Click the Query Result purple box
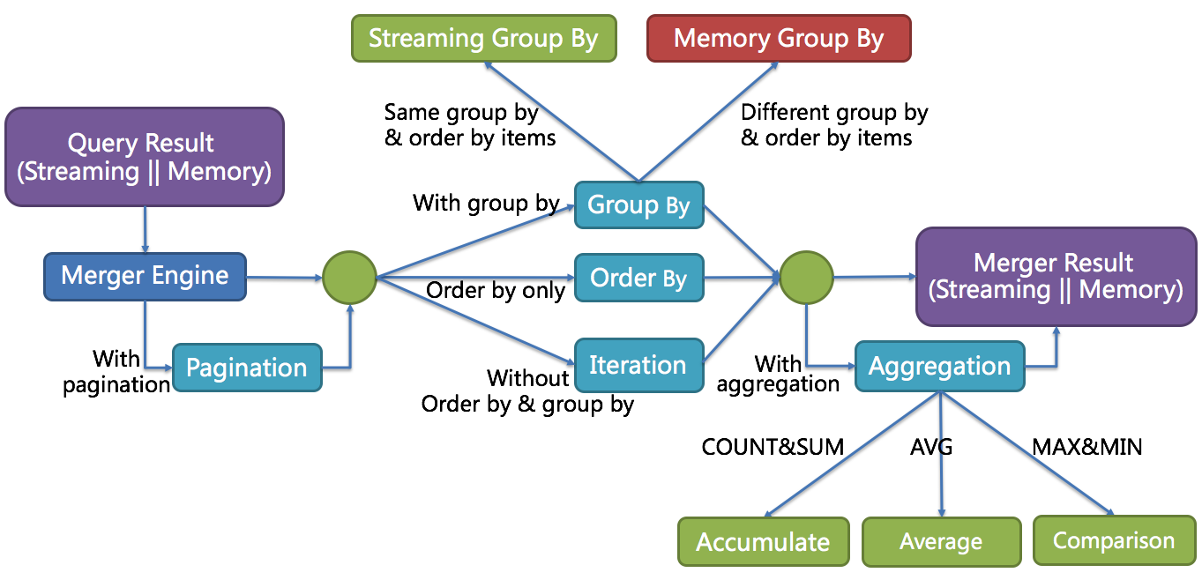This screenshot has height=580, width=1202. coord(145,157)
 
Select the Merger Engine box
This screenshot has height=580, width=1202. coord(145,276)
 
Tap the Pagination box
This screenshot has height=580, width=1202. coord(247,368)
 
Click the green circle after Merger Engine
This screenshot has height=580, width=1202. coord(349,277)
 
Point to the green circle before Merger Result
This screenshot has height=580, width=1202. coord(806,277)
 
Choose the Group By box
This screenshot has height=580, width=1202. coord(638,205)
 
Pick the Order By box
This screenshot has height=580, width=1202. coord(638,278)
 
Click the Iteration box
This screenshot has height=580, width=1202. coord(638,365)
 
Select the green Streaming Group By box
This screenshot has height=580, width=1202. coord(483,39)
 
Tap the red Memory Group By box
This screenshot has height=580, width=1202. coord(779,39)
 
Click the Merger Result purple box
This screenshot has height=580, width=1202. coord(1056,276)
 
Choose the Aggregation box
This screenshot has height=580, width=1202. coord(940,366)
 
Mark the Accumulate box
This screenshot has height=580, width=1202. coord(763,541)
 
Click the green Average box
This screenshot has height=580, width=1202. coord(941,541)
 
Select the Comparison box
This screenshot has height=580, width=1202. coord(1114,540)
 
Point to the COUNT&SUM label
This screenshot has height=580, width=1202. coord(773,447)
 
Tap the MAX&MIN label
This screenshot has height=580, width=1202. coord(1086,447)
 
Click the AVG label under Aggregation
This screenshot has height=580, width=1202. coord(931,447)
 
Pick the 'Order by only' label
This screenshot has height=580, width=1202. coord(496,291)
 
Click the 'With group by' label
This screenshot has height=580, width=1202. coord(486,204)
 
